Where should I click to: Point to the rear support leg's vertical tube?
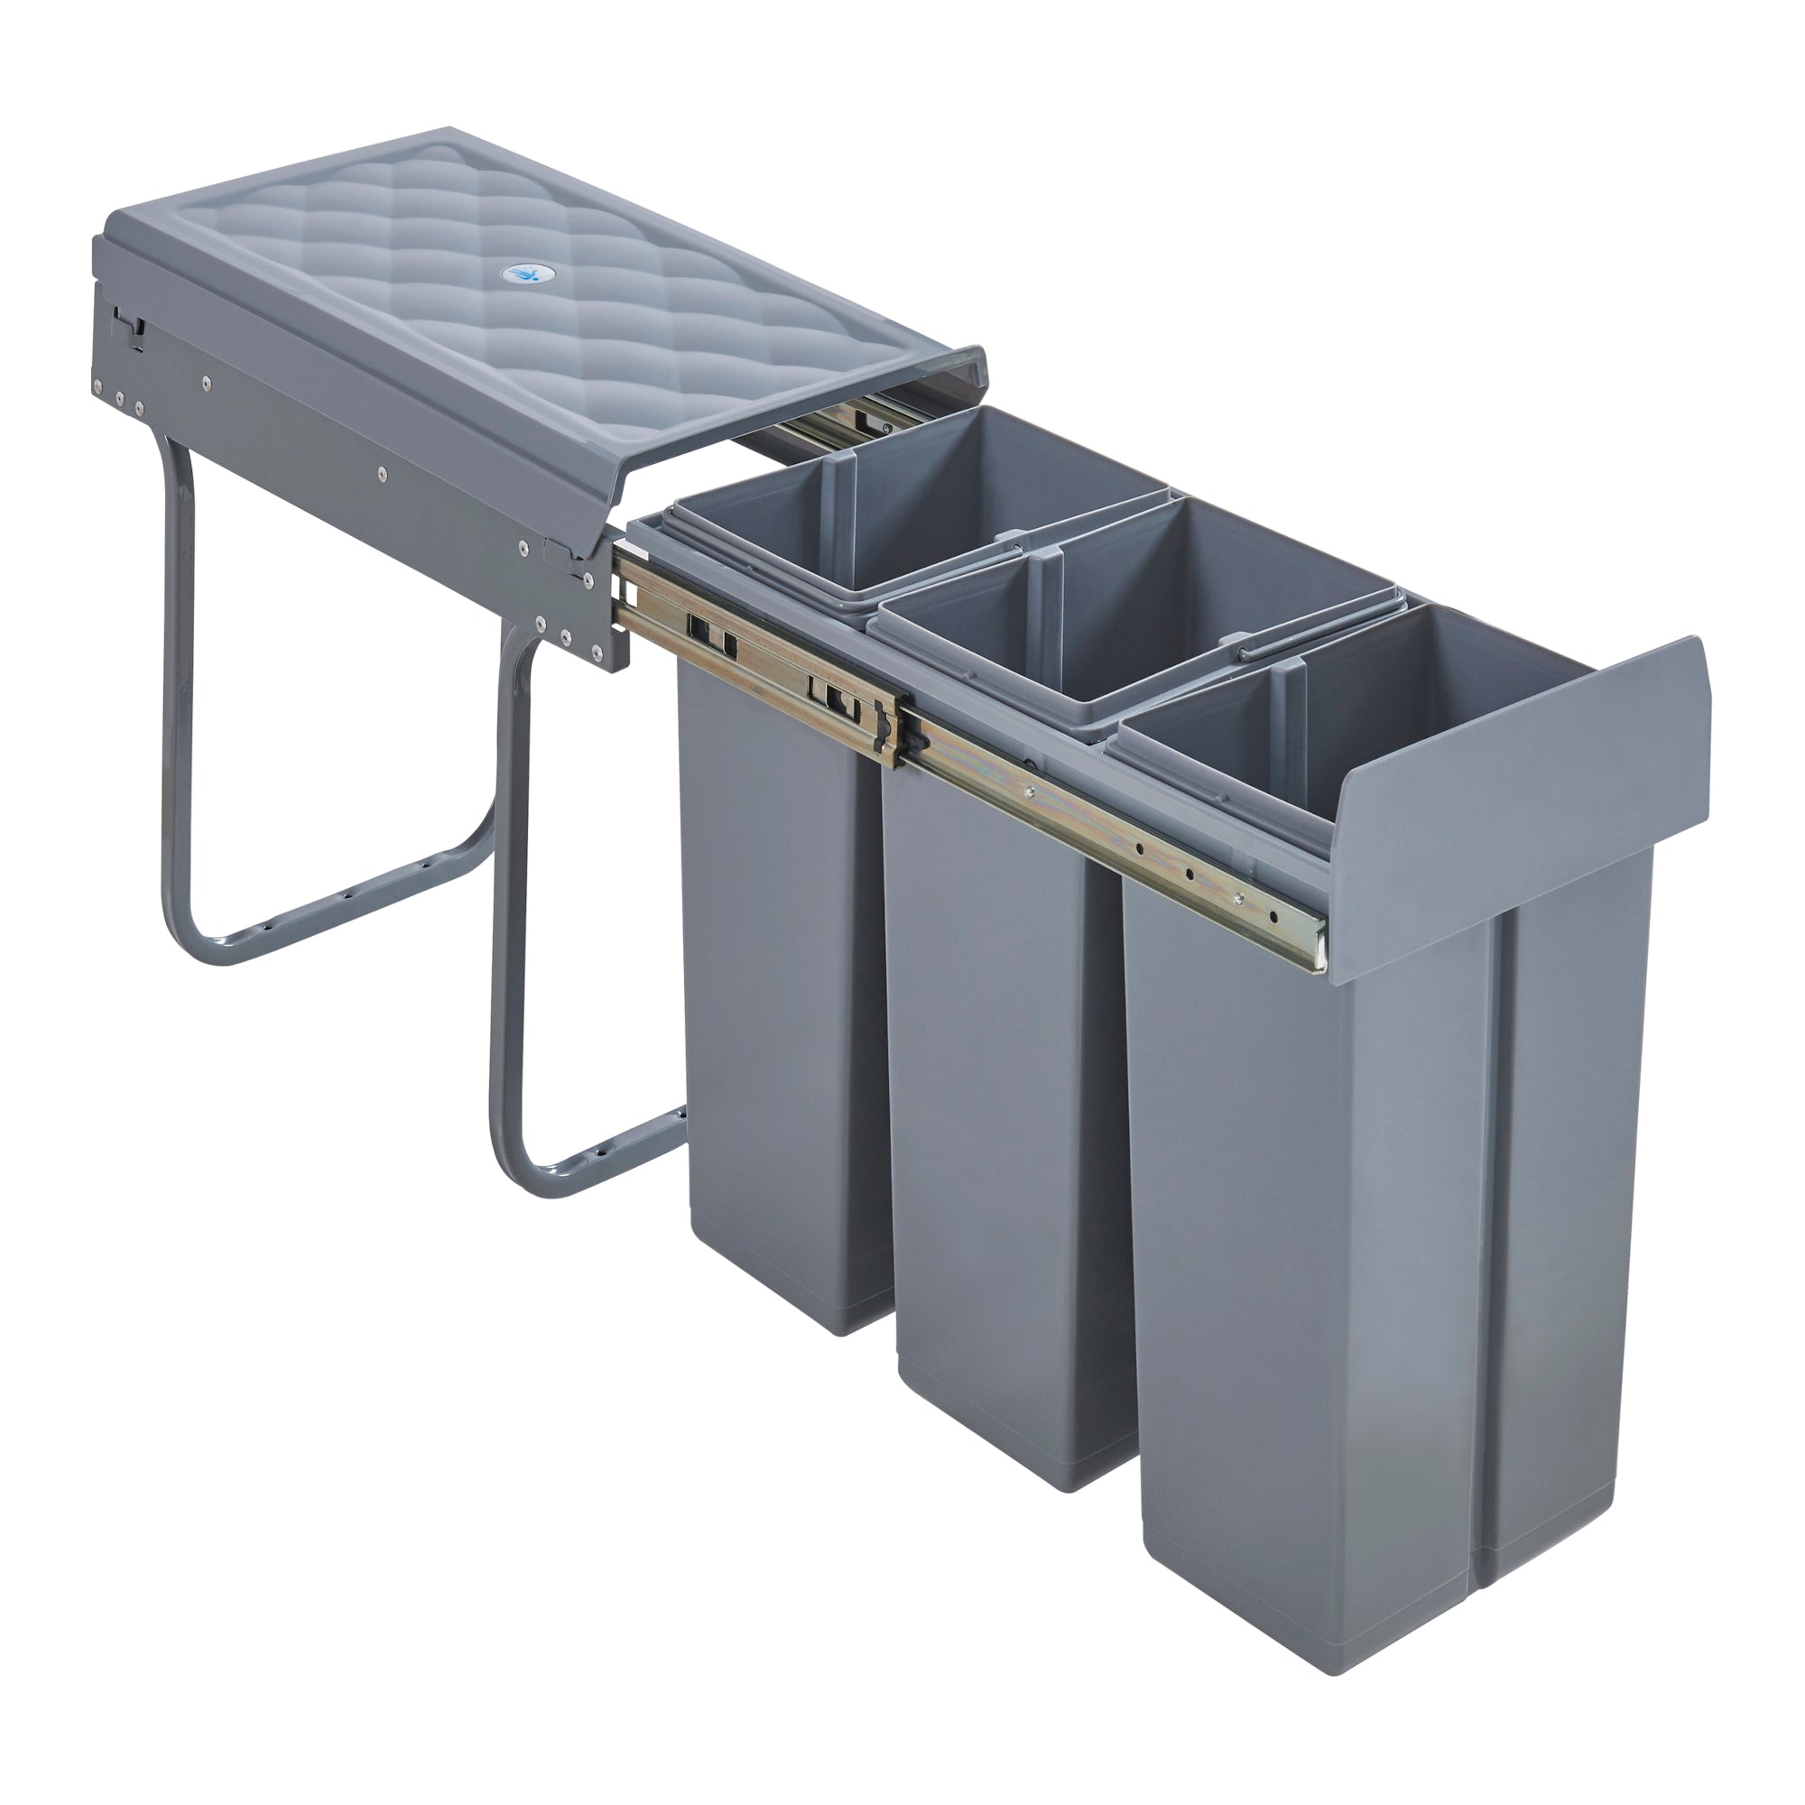(x=178, y=672)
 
